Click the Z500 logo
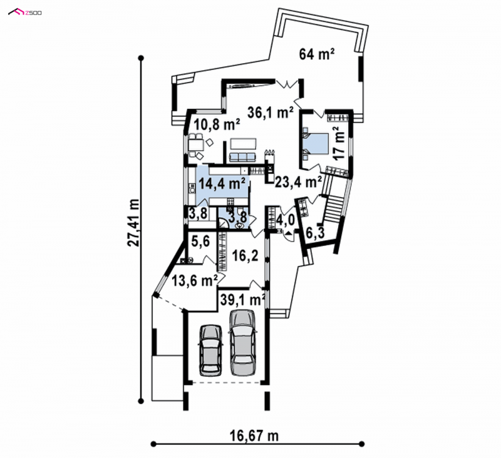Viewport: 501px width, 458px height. click(x=25, y=13)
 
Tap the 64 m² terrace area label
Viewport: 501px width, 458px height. click(x=317, y=54)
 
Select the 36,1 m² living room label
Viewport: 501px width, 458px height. click(x=271, y=113)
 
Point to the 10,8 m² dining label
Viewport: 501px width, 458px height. click(x=217, y=124)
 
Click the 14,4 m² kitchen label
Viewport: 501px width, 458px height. click(x=222, y=183)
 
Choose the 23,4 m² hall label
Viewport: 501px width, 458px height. click(x=298, y=182)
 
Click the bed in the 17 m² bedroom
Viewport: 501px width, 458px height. click(x=316, y=144)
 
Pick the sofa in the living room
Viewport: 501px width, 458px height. click(x=242, y=156)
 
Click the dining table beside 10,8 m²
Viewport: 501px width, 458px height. click(x=196, y=146)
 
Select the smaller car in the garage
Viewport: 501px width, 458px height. click(x=210, y=350)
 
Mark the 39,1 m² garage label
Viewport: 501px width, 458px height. click(x=243, y=300)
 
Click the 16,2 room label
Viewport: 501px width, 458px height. click(x=245, y=256)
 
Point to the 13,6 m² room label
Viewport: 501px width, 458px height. click(x=195, y=281)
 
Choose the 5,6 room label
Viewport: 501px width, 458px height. click(x=200, y=242)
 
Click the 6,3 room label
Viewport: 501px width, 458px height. click(x=315, y=233)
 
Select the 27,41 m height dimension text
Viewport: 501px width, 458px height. click(x=133, y=223)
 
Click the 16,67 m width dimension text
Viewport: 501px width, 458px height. click(x=254, y=435)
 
